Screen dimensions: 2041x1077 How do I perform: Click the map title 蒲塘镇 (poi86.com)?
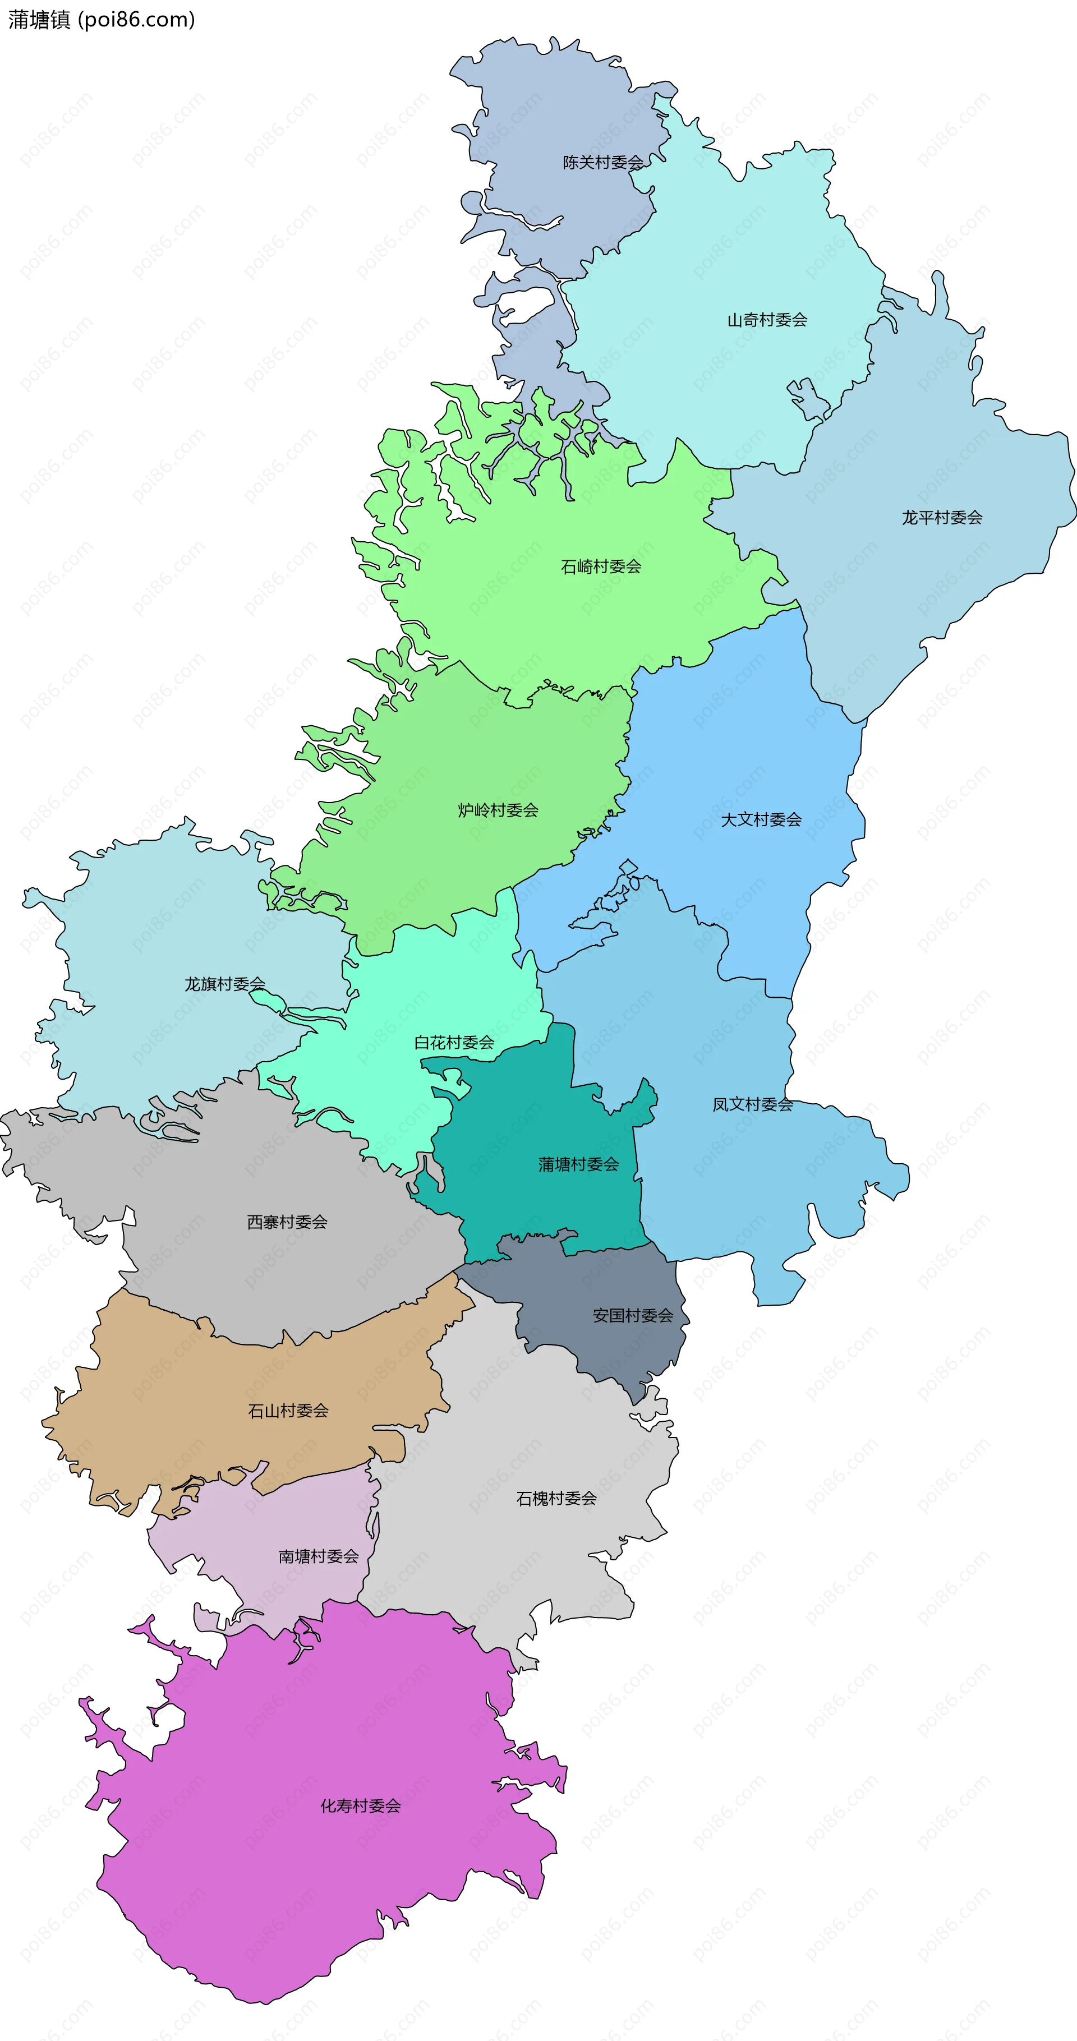[x=102, y=20]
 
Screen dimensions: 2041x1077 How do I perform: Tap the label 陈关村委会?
[x=602, y=163]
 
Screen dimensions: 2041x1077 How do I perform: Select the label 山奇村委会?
[x=767, y=320]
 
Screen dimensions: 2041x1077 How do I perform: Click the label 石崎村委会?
[x=601, y=567]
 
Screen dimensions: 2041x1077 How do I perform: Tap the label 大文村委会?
[x=761, y=820]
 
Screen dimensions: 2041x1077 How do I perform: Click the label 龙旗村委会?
[x=224, y=985]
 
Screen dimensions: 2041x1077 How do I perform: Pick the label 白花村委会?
[x=454, y=1043]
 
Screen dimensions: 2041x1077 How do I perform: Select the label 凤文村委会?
[x=752, y=1104]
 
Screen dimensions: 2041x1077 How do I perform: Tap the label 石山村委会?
[x=288, y=1411]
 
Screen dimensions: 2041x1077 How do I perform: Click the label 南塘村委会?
[x=318, y=1557]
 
